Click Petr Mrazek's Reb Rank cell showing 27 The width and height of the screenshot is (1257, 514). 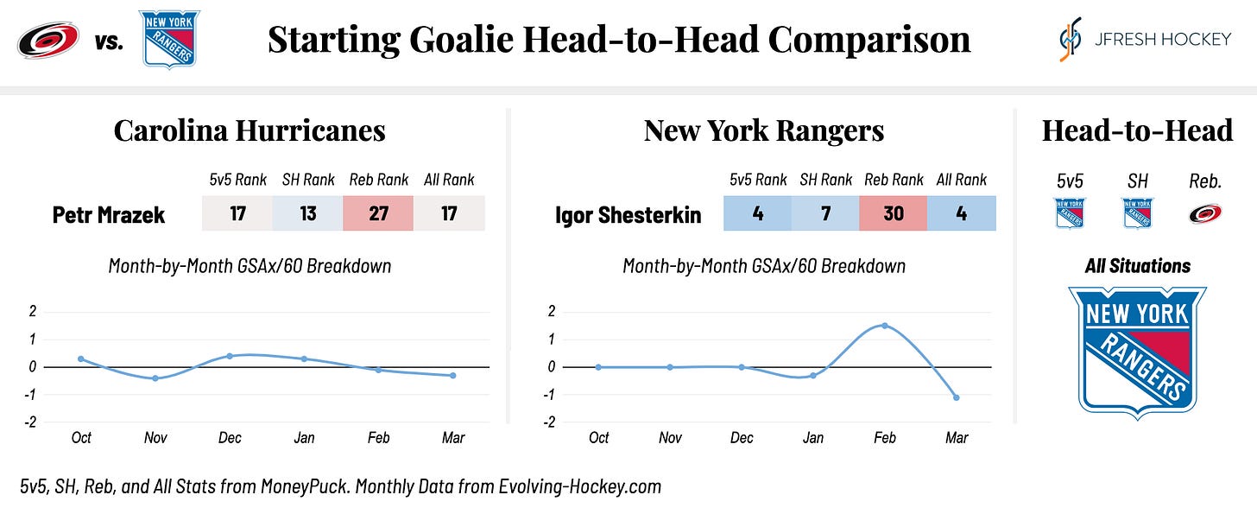tap(378, 213)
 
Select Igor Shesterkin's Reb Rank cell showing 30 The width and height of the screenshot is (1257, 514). tap(894, 213)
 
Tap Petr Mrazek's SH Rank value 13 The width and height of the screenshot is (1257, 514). tap(307, 213)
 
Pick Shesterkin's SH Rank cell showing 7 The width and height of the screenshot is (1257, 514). tap(825, 213)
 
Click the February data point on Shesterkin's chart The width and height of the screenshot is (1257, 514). tap(885, 326)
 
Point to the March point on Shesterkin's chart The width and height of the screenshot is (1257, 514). tap(957, 397)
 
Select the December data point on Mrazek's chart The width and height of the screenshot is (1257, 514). tap(230, 356)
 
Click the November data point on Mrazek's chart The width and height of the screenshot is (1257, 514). tap(155, 378)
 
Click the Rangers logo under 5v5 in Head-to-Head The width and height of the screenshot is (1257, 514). tap(1070, 213)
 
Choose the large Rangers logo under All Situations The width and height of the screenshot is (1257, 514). tap(1138, 352)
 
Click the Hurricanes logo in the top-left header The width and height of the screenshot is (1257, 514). tap(48, 40)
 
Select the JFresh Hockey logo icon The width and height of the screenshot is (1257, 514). tap(1071, 39)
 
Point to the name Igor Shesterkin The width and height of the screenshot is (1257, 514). tap(628, 215)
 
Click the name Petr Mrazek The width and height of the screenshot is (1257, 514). tap(108, 215)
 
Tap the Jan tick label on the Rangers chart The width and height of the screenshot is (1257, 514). tap(812, 438)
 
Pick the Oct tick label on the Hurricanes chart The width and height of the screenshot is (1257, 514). tap(81, 438)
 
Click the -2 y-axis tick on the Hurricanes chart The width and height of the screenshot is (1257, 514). tap(31, 422)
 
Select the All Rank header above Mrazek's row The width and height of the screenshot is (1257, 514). tap(449, 180)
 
